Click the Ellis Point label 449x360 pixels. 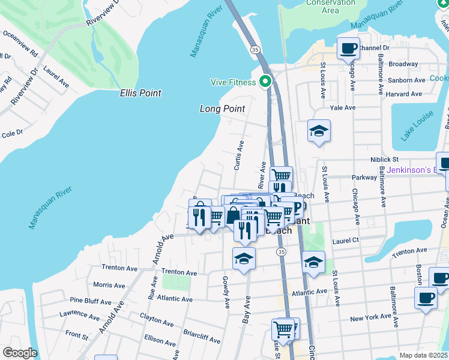click(x=140, y=94)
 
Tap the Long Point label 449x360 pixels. click(x=222, y=109)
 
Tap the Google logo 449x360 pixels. click(x=20, y=353)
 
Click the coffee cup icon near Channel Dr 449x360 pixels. click(x=348, y=49)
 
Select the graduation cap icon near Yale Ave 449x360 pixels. click(x=319, y=131)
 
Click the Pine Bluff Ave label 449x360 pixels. click(x=91, y=301)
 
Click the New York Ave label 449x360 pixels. click(x=371, y=318)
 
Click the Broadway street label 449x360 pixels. click(x=403, y=64)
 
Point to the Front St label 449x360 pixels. click(x=77, y=334)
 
